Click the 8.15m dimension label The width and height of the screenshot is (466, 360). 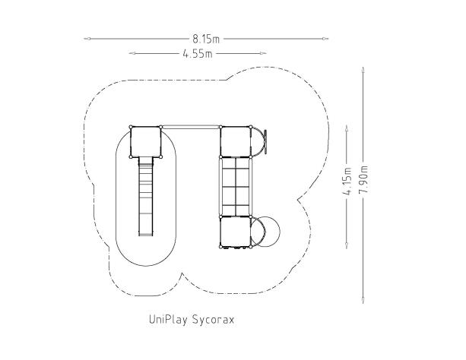[206, 39]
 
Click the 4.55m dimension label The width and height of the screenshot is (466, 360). [198, 54]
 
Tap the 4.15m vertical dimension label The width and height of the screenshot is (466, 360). [347, 182]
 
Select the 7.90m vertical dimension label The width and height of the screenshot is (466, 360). [363, 178]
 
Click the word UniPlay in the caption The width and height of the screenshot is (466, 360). [168, 320]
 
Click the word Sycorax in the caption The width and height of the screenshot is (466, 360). [213, 320]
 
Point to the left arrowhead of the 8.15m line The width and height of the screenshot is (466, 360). [87, 39]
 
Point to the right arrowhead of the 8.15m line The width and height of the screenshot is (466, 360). [325, 39]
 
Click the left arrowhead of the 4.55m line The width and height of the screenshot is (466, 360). [132, 53]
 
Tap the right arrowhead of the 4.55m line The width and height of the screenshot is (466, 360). [263, 53]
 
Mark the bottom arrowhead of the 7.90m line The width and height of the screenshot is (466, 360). [363, 300]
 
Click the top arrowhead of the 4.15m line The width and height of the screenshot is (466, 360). [347, 128]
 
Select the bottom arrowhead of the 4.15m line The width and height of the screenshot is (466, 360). [347, 245]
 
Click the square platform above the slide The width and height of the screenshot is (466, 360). [146, 142]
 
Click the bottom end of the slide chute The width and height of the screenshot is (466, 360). [146, 235]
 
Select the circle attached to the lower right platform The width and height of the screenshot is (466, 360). [265, 232]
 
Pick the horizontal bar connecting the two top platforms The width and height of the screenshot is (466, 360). [191, 127]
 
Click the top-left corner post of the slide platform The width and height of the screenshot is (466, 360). [131, 127]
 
